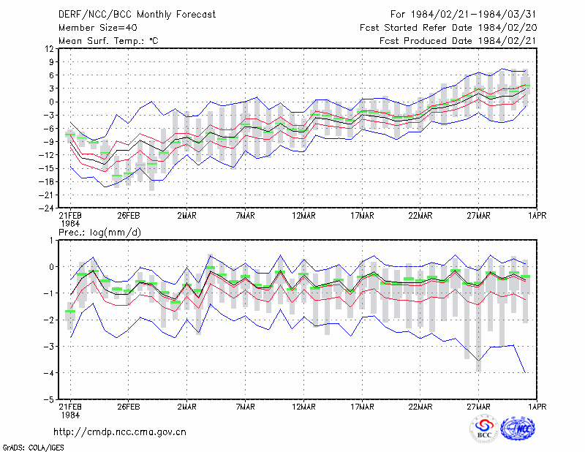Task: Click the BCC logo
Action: coord(484,429)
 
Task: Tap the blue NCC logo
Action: coord(518,429)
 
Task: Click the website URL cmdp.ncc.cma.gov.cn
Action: coord(120,432)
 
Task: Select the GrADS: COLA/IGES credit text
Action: coord(34,448)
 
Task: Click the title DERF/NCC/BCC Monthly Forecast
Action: coord(137,15)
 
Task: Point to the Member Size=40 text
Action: coord(98,28)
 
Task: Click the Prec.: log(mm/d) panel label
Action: coord(100,233)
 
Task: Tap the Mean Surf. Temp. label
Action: coord(108,41)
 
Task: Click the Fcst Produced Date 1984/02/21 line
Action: coord(458,41)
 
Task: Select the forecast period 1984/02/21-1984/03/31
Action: coord(473,15)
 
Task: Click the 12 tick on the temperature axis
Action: coord(49,48)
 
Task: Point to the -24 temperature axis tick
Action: coord(46,208)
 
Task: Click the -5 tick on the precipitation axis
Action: coord(49,400)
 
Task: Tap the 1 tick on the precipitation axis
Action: coord(51,241)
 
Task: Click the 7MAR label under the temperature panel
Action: coord(246,216)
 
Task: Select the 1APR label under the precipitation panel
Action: coord(537,407)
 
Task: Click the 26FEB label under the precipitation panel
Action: coord(129,407)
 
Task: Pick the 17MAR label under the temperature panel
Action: coord(362,216)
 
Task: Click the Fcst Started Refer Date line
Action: coord(448,28)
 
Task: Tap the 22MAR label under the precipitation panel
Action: coord(420,407)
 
